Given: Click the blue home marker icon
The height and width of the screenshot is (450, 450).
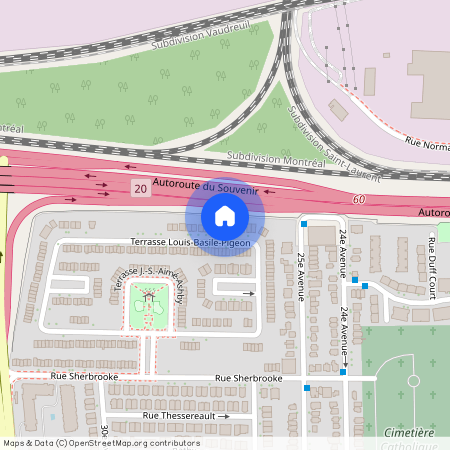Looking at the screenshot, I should coord(225,216).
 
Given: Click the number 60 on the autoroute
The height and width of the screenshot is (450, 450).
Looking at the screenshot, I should coord(358,201).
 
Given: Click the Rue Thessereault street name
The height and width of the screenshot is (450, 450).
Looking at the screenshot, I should coord(180,414).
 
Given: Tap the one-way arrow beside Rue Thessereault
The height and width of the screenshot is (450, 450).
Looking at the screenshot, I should coord(225,414).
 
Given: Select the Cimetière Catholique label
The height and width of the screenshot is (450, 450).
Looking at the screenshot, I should coord(409,437).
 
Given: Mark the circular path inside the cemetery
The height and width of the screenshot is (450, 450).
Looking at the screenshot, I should coord(413,381).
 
